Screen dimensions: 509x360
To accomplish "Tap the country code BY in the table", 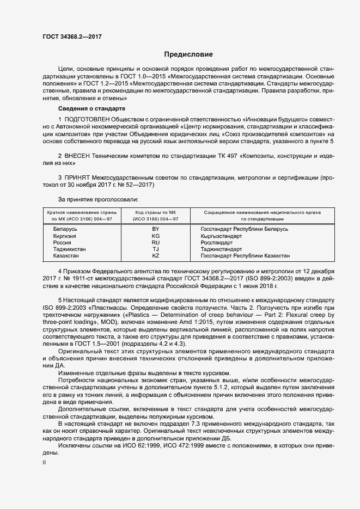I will point(156,230).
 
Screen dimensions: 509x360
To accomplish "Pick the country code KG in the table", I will point(156,236).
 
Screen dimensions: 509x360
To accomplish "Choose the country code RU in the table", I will point(156,243).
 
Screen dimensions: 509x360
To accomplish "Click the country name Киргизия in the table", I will point(65,236).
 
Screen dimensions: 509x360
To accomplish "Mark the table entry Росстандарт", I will point(218,243).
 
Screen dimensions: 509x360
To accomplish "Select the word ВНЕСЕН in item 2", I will point(82,155).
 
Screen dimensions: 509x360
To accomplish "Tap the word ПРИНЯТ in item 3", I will point(81,177).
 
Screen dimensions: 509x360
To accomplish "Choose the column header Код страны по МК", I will point(156,212).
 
